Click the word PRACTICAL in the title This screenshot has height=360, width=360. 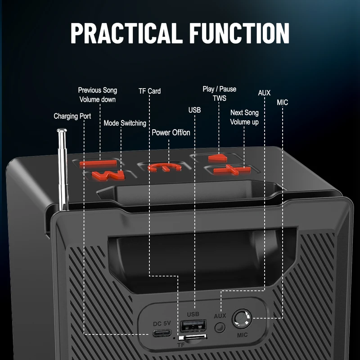click(x=125, y=33)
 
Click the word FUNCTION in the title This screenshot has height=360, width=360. click(x=239, y=33)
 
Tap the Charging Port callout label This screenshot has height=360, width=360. click(x=72, y=116)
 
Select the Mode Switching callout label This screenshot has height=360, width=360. click(x=125, y=123)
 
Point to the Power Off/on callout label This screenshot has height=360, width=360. click(x=171, y=132)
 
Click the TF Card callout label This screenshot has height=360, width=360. click(x=149, y=91)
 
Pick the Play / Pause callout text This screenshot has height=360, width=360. click(x=219, y=89)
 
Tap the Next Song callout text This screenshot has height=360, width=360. click(x=244, y=112)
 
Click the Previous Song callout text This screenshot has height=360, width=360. click(x=97, y=90)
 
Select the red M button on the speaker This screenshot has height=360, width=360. click(x=108, y=175)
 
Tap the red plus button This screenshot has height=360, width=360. click(x=232, y=170)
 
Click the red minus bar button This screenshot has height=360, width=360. click(x=98, y=164)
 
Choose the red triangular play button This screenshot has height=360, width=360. click(x=218, y=158)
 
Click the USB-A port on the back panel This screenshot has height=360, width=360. click(x=193, y=325)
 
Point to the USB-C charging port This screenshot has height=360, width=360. click(x=162, y=333)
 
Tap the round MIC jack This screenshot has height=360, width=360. click(x=242, y=319)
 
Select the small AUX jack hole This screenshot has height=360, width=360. click(x=220, y=328)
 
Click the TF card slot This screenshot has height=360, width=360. click(x=193, y=337)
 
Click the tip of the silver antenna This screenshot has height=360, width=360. click(x=62, y=130)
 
